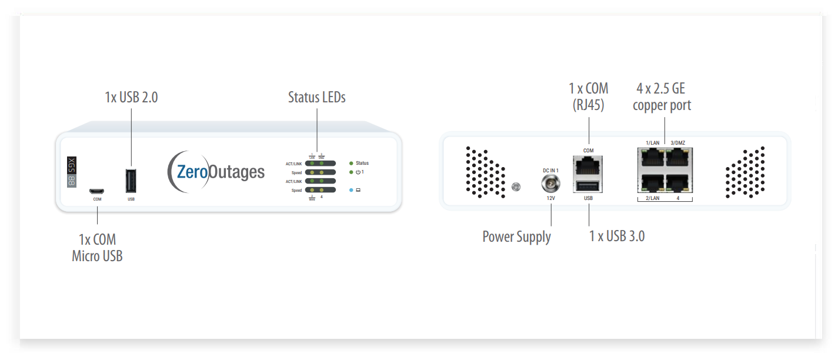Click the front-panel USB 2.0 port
pyautogui.click(x=131, y=181)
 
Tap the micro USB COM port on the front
pyautogui.click(x=96, y=191)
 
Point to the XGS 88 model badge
pyautogui.click(x=72, y=172)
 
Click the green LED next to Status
pyautogui.click(x=351, y=163)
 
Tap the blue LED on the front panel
pyautogui.click(x=351, y=190)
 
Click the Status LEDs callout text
pyautogui.click(x=316, y=98)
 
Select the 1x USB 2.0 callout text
pyautogui.click(x=131, y=98)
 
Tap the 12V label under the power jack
pyautogui.click(x=550, y=199)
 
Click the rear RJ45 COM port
pyautogui.click(x=588, y=166)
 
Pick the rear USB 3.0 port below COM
pyautogui.click(x=588, y=186)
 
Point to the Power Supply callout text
pyautogui.click(x=516, y=237)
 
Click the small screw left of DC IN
pyautogui.click(x=516, y=187)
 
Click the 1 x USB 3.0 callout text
pyautogui.click(x=616, y=236)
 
